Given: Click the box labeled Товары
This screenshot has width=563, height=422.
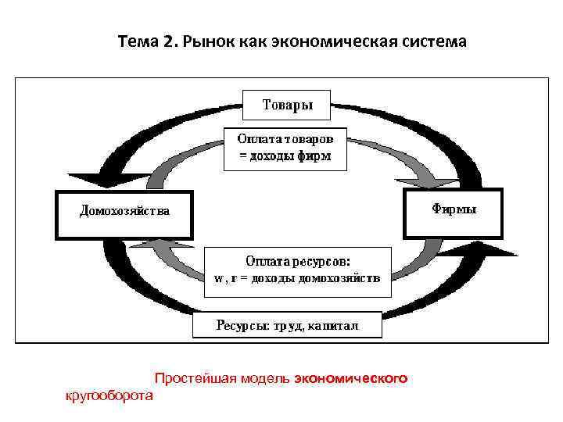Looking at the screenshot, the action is pyautogui.click(x=287, y=105).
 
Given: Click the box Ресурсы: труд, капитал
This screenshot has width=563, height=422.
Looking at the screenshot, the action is pyautogui.click(x=287, y=326).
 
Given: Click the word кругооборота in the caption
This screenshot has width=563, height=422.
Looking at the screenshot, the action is pyautogui.click(x=109, y=396).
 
